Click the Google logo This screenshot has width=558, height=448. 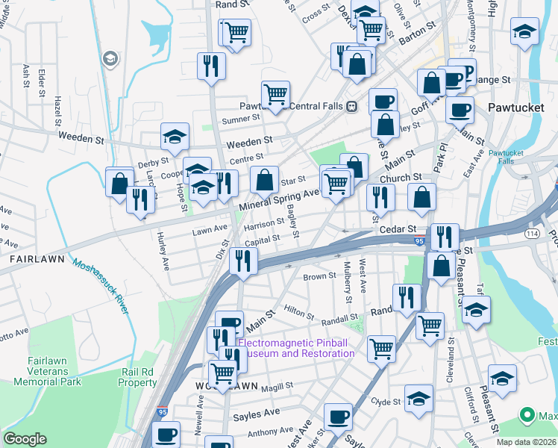[25, 439]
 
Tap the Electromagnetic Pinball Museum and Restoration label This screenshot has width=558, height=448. [295, 348]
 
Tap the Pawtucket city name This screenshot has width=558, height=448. [515, 108]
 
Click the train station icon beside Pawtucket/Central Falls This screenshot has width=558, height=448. [351, 106]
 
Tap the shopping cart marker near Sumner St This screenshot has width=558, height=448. [275, 94]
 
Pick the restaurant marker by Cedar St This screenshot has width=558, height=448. [445, 237]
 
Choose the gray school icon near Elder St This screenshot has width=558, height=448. [110, 59]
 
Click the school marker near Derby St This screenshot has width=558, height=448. [175, 137]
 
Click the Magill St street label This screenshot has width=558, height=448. [277, 385]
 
